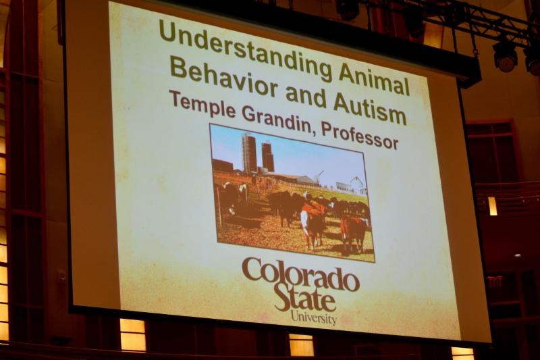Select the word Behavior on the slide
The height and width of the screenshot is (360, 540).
[224, 78]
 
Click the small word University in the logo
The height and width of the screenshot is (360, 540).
[313, 317]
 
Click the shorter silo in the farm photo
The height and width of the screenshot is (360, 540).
[267, 157]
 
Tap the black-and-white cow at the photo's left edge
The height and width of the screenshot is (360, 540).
[232, 199]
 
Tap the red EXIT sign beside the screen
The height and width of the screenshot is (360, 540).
[495, 281]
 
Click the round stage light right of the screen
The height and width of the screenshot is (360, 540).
[505, 57]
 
